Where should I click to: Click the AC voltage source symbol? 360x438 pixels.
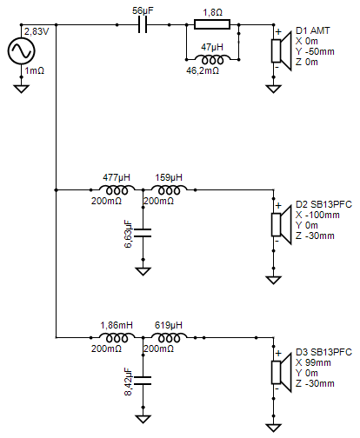click(x=21, y=51)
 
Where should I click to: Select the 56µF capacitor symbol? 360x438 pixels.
click(x=143, y=25)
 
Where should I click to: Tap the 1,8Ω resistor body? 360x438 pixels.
click(x=212, y=24)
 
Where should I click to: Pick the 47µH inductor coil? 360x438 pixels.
click(x=212, y=59)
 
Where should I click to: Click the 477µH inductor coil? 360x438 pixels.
click(x=117, y=190)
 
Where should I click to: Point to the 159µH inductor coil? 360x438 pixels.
click(x=169, y=190)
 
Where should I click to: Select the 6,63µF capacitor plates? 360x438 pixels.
click(x=143, y=233)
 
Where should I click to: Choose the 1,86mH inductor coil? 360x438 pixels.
click(x=117, y=337)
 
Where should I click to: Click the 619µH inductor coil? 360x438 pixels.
click(x=169, y=337)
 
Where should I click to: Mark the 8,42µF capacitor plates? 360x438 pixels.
click(x=143, y=381)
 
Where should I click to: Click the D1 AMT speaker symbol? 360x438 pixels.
click(x=281, y=51)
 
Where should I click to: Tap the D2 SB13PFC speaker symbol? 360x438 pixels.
click(x=281, y=225)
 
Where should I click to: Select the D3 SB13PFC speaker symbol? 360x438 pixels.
click(x=281, y=373)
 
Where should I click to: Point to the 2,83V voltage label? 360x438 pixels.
click(x=37, y=31)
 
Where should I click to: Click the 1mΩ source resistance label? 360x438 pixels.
click(x=35, y=70)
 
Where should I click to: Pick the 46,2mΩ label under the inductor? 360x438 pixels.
click(x=203, y=70)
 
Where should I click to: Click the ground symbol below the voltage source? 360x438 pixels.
click(x=21, y=89)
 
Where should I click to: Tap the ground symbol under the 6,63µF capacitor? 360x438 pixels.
click(x=143, y=271)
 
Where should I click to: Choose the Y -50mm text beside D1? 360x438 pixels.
click(x=315, y=51)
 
